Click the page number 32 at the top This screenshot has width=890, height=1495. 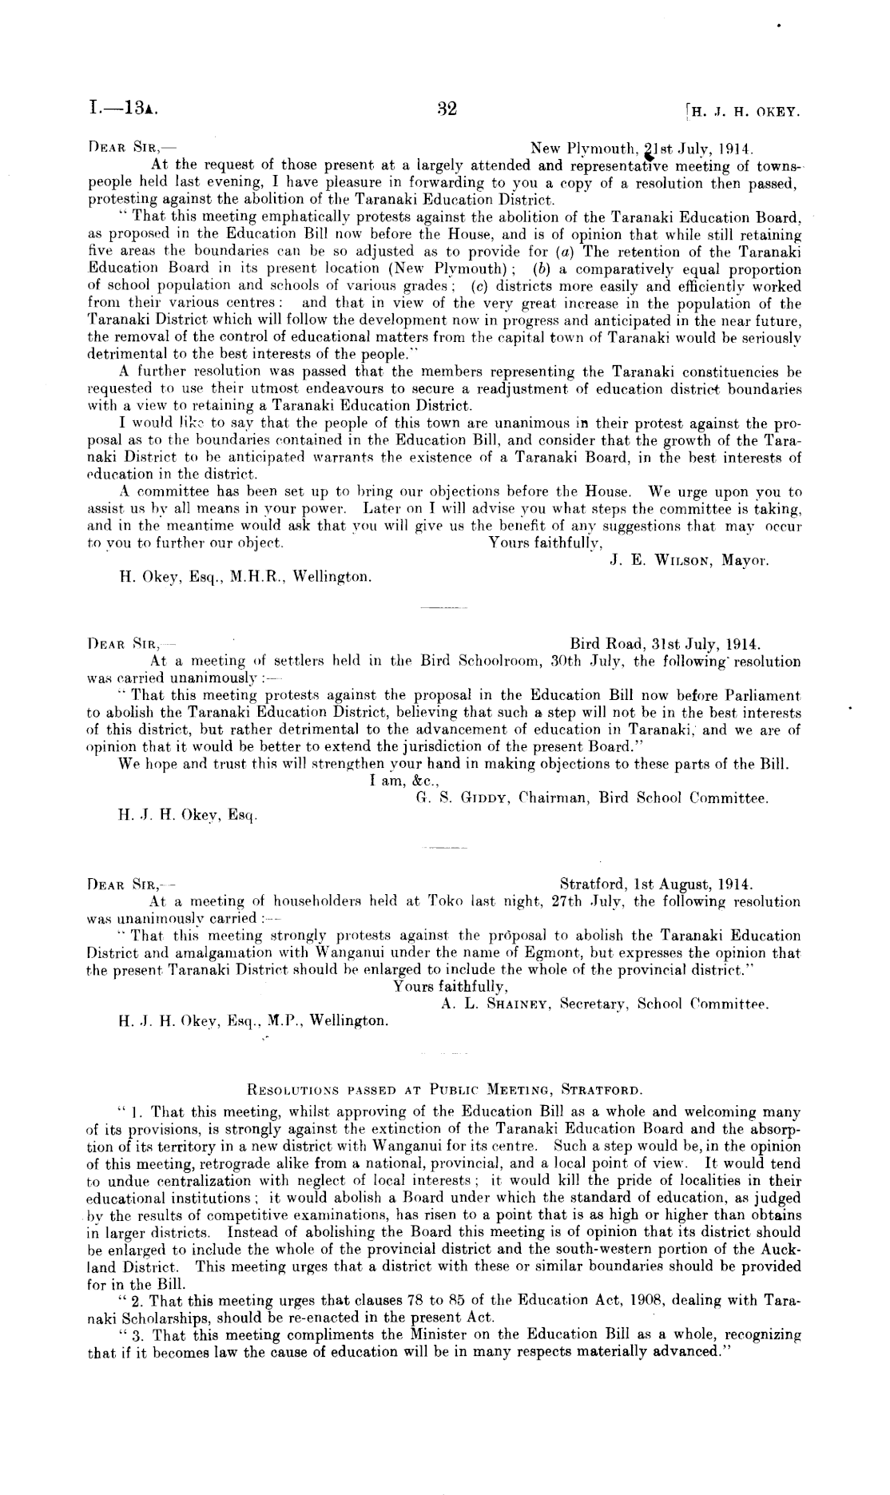(x=447, y=109)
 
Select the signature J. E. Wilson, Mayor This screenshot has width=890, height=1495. (x=689, y=561)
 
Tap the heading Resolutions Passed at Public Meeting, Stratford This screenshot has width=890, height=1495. (x=443, y=1089)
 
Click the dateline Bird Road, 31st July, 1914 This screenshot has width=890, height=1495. (x=666, y=644)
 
